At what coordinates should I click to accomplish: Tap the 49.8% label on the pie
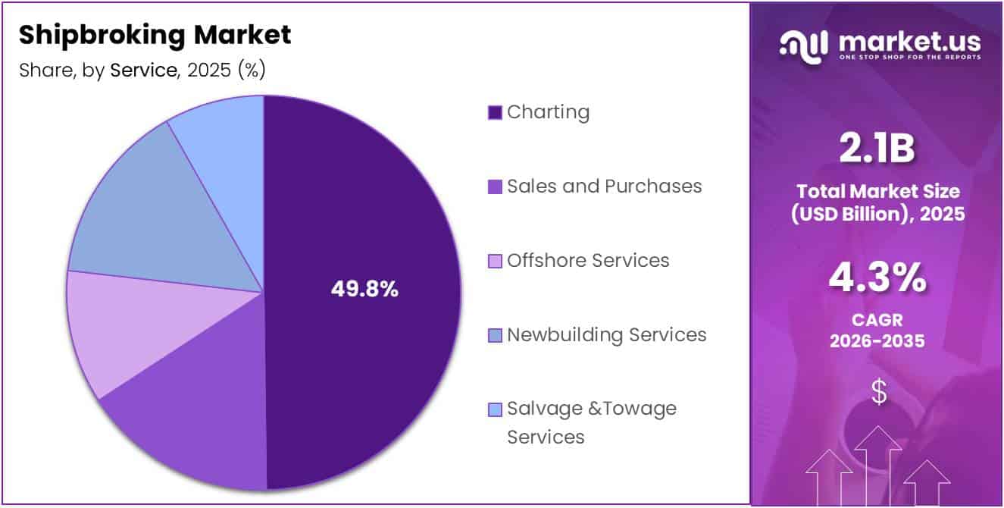(x=364, y=289)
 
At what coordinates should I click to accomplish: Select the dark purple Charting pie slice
(x=364, y=227)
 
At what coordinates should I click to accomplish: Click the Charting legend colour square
(x=495, y=113)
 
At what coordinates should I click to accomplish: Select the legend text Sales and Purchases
(x=604, y=186)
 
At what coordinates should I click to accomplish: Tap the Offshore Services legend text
(x=588, y=260)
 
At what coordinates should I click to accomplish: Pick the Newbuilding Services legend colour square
(x=495, y=335)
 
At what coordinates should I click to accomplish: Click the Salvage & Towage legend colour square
(x=495, y=410)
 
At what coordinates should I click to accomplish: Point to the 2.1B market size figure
(x=877, y=149)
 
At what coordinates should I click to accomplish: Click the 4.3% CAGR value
(x=877, y=278)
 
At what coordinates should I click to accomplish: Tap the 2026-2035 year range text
(x=877, y=341)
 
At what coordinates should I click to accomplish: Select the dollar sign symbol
(x=878, y=392)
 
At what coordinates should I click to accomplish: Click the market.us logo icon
(x=805, y=44)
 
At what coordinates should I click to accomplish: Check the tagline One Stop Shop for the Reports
(x=909, y=58)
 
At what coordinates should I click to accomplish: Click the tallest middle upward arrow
(x=877, y=463)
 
